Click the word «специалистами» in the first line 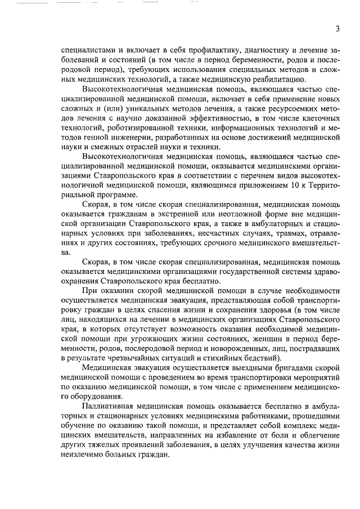pos(85,49)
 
